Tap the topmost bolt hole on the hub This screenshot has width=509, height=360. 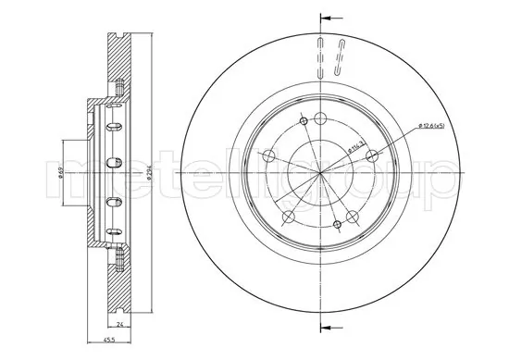click(320, 118)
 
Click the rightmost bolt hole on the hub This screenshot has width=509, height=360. click(374, 156)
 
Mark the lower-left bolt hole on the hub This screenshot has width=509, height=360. click(288, 217)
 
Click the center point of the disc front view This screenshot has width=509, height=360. click(320, 174)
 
